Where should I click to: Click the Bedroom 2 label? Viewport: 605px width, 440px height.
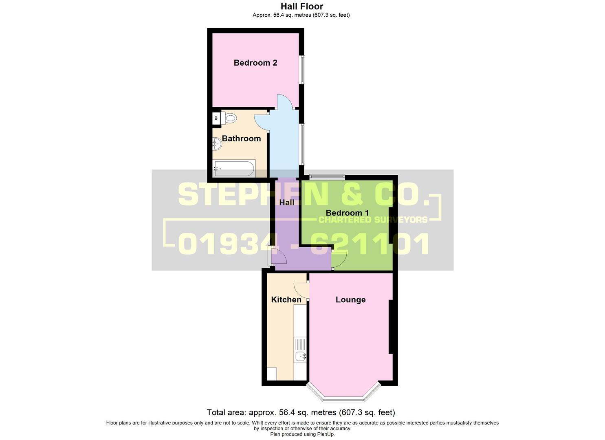[x=255, y=63]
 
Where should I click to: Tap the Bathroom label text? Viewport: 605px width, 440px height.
[x=241, y=139]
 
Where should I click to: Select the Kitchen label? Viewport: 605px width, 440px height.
[x=286, y=300]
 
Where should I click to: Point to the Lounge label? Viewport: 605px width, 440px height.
[x=350, y=300]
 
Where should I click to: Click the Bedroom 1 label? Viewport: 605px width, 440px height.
[x=347, y=213]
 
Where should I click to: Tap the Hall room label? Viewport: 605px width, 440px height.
[x=286, y=202]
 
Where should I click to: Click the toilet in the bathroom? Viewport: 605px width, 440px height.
[x=230, y=119]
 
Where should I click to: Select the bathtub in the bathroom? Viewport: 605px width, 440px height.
[x=234, y=168]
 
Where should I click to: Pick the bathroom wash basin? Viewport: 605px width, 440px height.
[x=217, y=143]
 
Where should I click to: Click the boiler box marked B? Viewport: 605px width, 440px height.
[x=216, y=119]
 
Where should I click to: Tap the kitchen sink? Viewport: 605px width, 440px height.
[x=300, y=356]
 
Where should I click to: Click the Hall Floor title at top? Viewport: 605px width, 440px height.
[x=302, y=7]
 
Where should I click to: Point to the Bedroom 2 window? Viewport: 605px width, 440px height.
[x=302, y=69]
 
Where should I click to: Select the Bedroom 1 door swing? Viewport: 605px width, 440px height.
[x=339, y=260]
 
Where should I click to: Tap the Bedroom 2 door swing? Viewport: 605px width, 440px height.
[x=284, y=101]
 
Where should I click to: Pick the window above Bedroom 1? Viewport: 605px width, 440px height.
[x=327, y=177]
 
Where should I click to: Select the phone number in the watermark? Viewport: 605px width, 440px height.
[x=304, y=244]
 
